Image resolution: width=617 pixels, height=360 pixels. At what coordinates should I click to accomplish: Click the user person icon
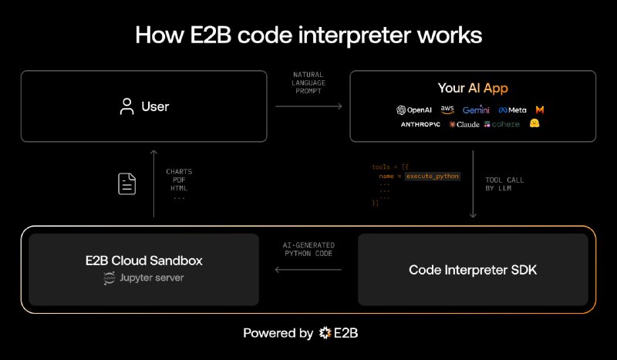127,106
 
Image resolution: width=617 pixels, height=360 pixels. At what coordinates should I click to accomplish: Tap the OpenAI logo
414,109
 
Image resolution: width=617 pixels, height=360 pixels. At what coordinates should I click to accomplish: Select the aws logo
447,109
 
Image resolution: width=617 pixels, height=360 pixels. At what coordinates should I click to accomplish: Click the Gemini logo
476,109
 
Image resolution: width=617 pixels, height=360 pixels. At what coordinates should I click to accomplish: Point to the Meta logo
512,109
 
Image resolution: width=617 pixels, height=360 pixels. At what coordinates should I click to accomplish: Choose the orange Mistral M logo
541,109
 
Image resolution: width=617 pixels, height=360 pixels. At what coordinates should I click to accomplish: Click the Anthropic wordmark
420,124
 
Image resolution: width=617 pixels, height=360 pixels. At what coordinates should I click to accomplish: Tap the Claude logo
464,124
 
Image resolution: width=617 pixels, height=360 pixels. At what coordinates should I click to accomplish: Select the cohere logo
501,124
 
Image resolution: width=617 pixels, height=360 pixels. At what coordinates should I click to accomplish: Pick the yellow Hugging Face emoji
534,123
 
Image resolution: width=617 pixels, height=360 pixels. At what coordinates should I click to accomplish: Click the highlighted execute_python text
433,176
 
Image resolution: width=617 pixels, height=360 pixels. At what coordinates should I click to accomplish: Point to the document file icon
127,183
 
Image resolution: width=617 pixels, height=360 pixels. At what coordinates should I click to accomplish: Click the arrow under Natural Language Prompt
308,106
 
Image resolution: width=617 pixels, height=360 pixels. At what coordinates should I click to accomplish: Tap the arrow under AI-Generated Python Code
308,270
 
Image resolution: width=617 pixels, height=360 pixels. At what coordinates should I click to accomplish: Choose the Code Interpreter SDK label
473,270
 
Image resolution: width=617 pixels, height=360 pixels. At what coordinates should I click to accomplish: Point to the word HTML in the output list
179,188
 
